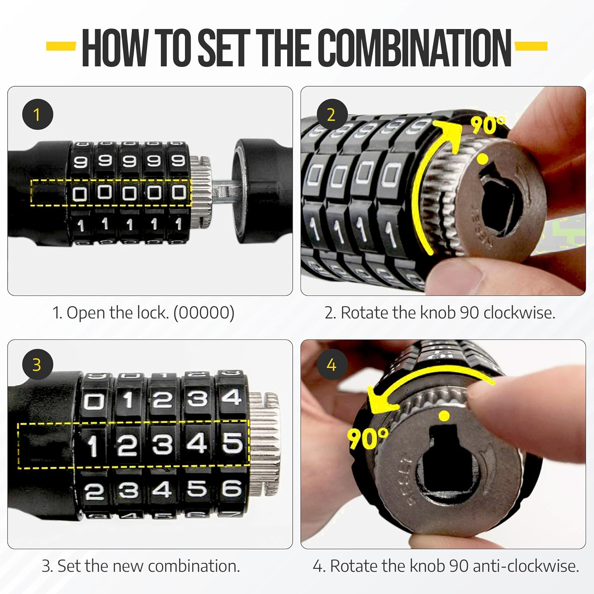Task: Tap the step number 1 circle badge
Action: (x=37, y=115)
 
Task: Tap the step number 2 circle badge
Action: (x=331, y=115)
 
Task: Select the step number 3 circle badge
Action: (x=37, y=365)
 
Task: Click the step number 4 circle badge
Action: (x=331, y=365)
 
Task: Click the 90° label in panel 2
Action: (x=488, y=125)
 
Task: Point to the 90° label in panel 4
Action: (x=367, y=438)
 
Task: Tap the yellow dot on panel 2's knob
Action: (x=482, y=159)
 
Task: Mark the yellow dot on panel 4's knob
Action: (x=445, y=416)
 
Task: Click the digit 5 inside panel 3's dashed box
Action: (x=232, y=443)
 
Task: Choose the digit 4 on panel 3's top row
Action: (x=231, y=397)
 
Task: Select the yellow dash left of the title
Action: (x=61, y=47)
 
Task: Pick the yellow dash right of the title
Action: (x=531, y=46)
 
